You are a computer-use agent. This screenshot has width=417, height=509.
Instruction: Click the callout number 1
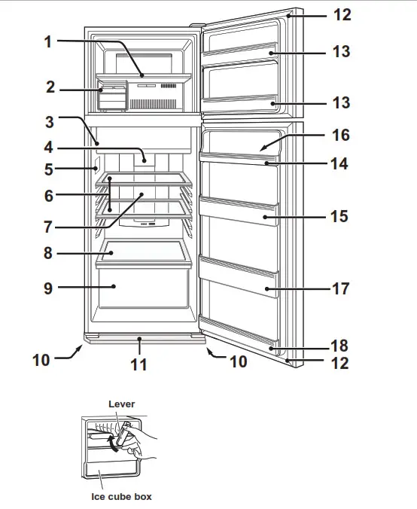(49, 41)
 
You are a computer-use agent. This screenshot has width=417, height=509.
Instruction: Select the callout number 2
(50, 87)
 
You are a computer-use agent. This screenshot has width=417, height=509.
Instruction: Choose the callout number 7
(49, 224)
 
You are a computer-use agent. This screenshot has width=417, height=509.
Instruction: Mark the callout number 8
(49, 254)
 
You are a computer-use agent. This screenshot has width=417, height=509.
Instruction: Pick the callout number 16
(340, 136)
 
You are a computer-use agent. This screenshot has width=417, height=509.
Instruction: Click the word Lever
(121, 404)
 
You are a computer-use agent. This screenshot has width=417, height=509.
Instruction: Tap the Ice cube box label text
(121, 497)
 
